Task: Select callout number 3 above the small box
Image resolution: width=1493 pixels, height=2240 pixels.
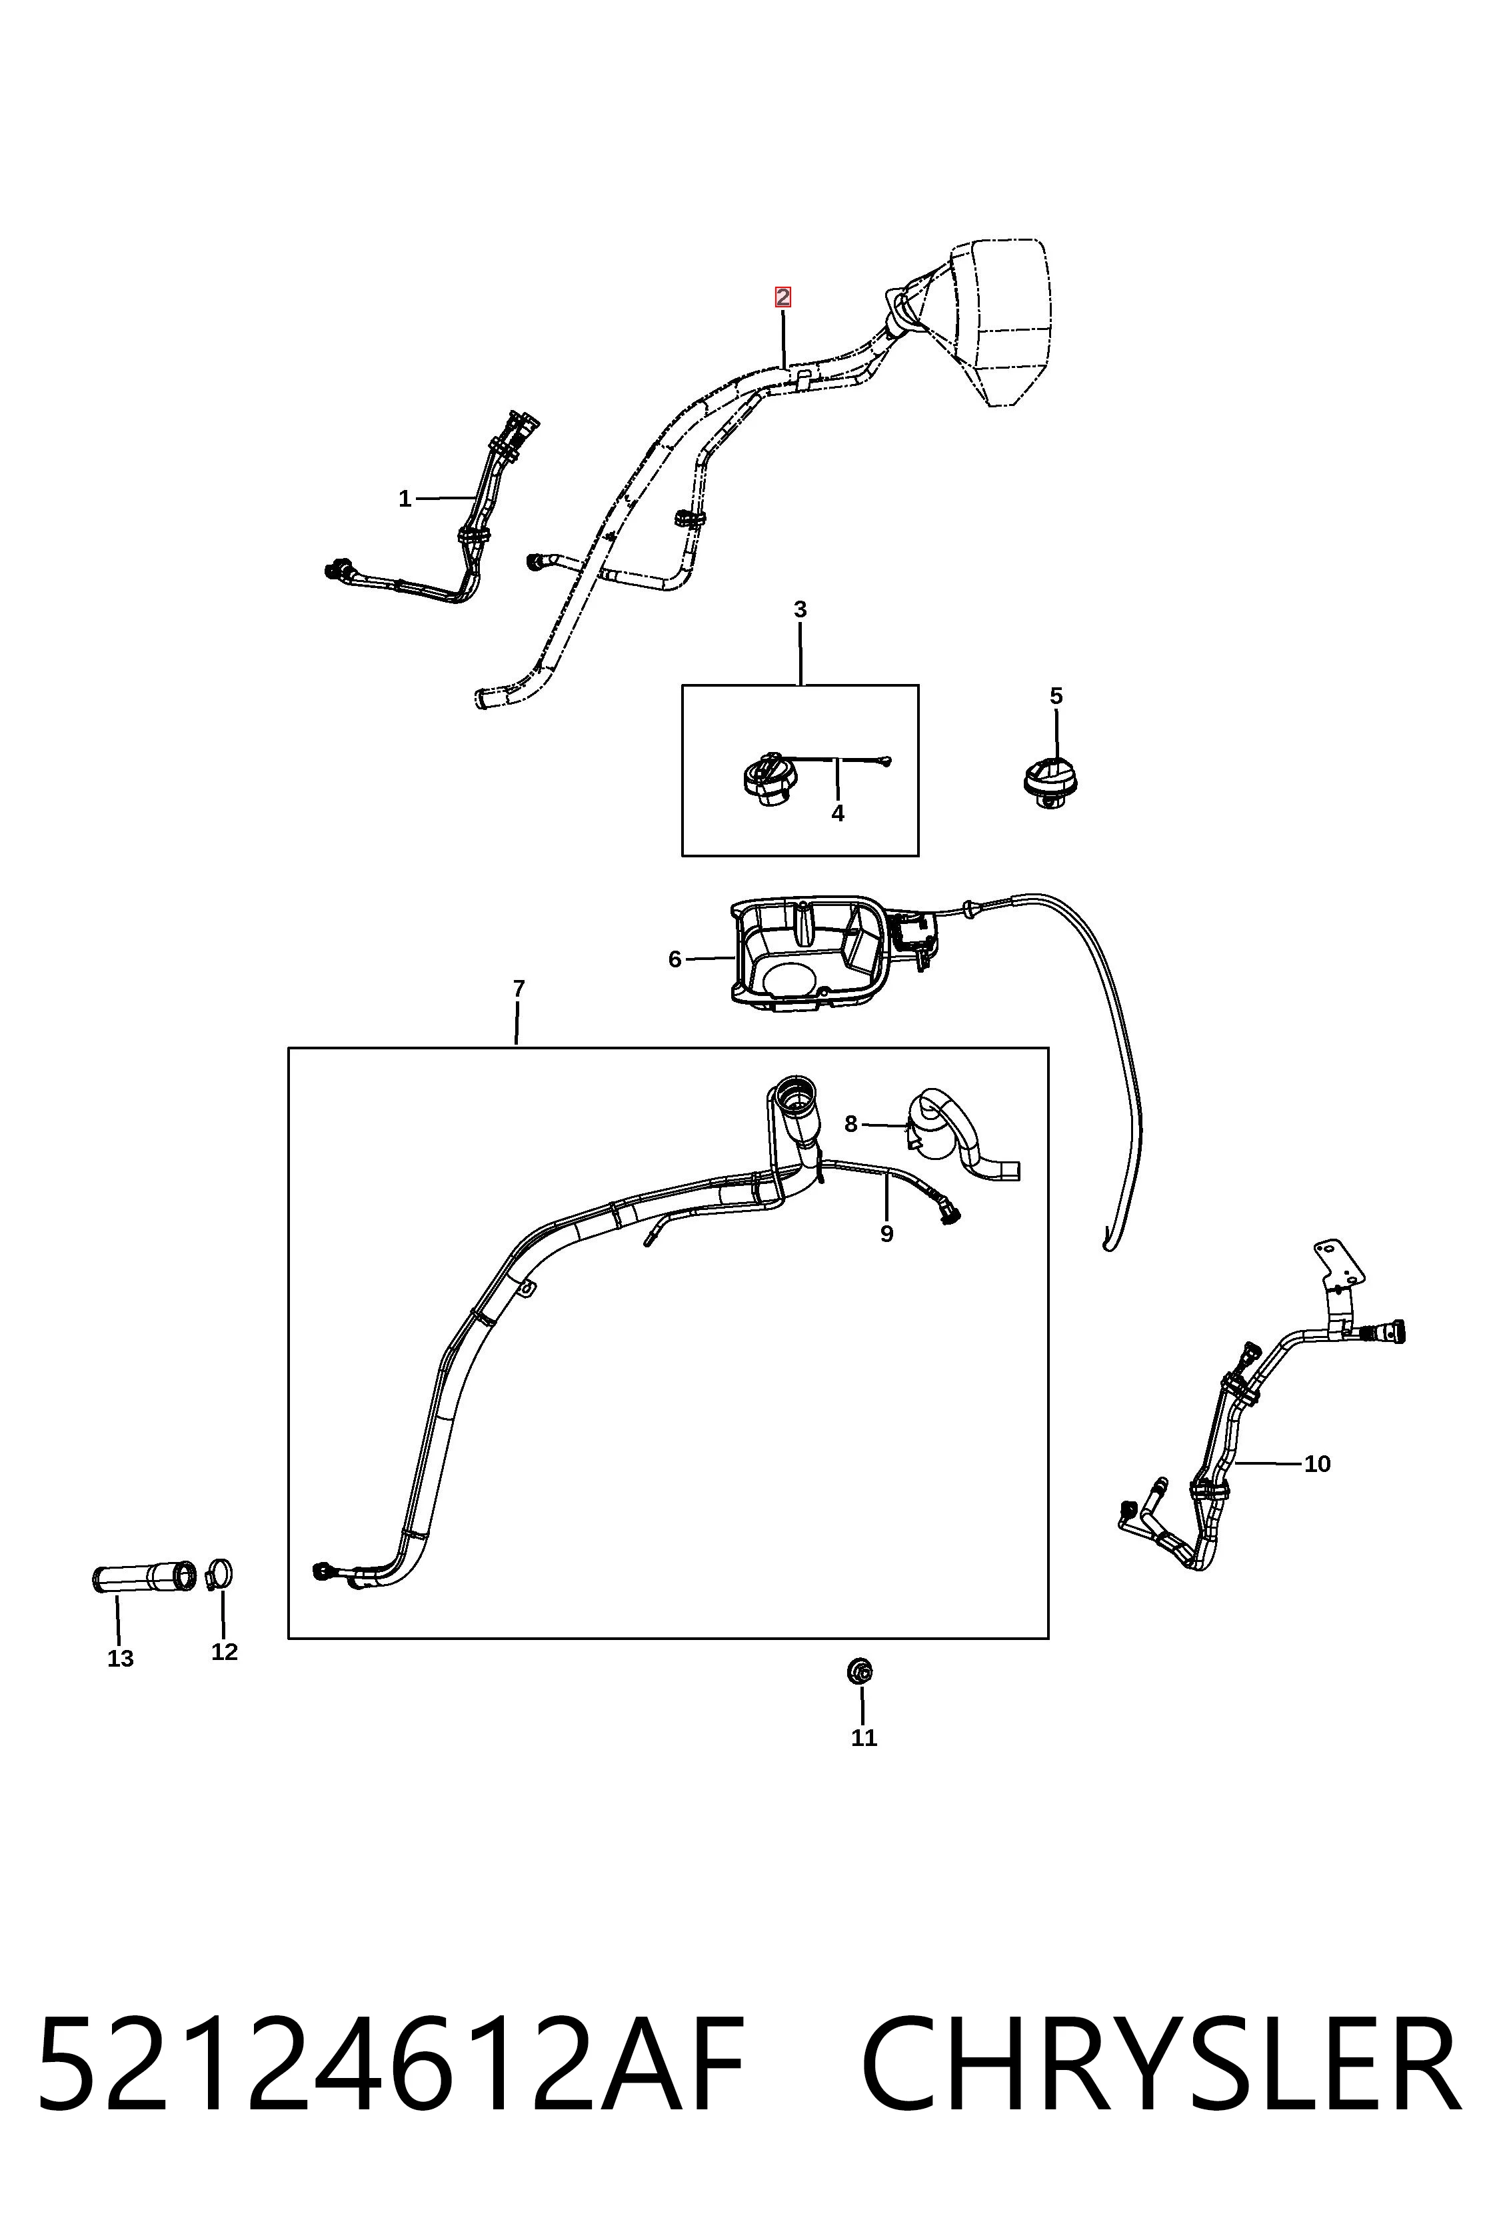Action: tap(800, 609)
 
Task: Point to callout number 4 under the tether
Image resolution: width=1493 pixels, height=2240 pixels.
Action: tap(838, 813)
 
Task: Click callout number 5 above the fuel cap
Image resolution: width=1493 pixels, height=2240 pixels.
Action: tap(1056, 696)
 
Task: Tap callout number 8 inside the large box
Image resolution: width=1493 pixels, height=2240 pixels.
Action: tap(851, 1124)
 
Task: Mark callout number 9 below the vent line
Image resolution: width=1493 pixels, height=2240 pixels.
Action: tap(886, 1233)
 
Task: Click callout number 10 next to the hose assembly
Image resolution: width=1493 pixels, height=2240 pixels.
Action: tap(1317, 1464)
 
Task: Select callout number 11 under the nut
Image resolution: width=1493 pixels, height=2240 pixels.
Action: tap(864, 1737)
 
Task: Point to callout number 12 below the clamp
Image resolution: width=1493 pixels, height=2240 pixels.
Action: tap(225, 1651)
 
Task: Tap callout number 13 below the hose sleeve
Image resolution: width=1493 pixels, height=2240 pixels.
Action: tap(121, 1658)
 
